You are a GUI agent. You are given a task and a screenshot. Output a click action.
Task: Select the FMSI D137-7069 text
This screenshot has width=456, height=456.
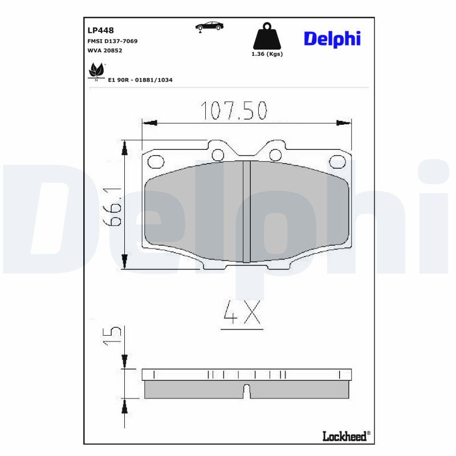112,41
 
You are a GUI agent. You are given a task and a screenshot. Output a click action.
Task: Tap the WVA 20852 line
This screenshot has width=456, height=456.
104,51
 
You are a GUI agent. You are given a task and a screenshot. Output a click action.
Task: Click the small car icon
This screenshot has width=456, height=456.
209,26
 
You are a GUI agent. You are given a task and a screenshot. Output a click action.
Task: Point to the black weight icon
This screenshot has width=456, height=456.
267,37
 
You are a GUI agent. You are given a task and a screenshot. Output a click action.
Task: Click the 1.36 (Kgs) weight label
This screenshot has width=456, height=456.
267,54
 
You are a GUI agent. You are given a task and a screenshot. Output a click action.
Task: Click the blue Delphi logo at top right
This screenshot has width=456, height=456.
332,38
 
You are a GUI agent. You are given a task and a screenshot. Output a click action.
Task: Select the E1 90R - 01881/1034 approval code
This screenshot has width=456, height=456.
140,80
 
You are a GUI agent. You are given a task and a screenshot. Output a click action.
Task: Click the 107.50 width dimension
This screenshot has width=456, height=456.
234,111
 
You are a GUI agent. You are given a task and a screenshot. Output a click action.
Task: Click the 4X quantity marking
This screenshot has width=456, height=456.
242,314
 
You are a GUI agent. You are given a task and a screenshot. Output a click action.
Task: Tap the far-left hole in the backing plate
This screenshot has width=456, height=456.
154,162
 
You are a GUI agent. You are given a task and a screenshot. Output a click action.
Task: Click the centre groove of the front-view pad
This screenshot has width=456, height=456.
247,212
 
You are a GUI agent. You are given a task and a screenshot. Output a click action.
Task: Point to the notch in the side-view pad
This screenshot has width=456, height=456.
247,391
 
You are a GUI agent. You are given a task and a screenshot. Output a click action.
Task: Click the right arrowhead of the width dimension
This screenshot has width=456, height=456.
344,123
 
